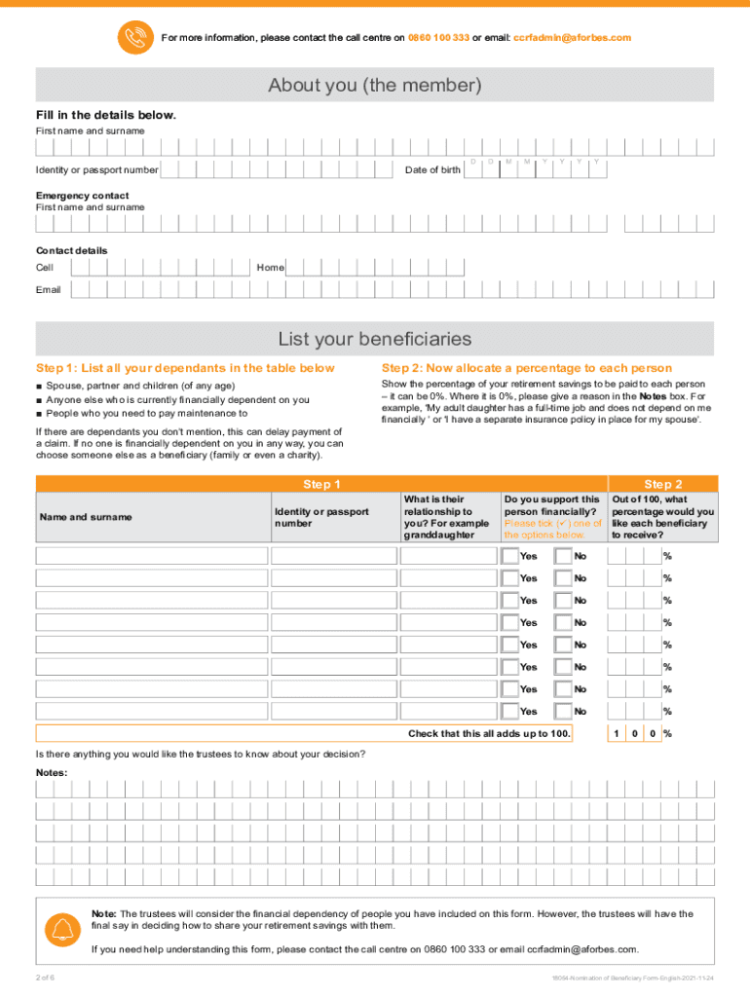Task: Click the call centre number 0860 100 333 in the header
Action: click(438, 38)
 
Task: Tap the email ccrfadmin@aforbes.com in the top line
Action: click(572, 38)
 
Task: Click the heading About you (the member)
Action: click(375, 86)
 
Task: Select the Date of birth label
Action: click(432, 170)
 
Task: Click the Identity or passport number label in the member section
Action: click(97, 170)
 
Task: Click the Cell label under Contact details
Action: click(45, 267)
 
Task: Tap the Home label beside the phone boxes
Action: click(270, 267)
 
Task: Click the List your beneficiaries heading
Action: click(375, 339)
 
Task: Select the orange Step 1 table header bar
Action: click(321, 484)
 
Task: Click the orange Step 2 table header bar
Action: click(662, 484)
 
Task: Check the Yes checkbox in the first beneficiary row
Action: click(510, 556)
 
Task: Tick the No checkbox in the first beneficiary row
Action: click(563, 556)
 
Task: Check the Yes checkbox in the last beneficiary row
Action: click(510, 712)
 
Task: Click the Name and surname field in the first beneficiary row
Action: click(152, 556)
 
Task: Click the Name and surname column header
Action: click(86, 517)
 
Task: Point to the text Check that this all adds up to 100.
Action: click(489, 733)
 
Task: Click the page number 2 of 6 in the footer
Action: click(45, 977)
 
